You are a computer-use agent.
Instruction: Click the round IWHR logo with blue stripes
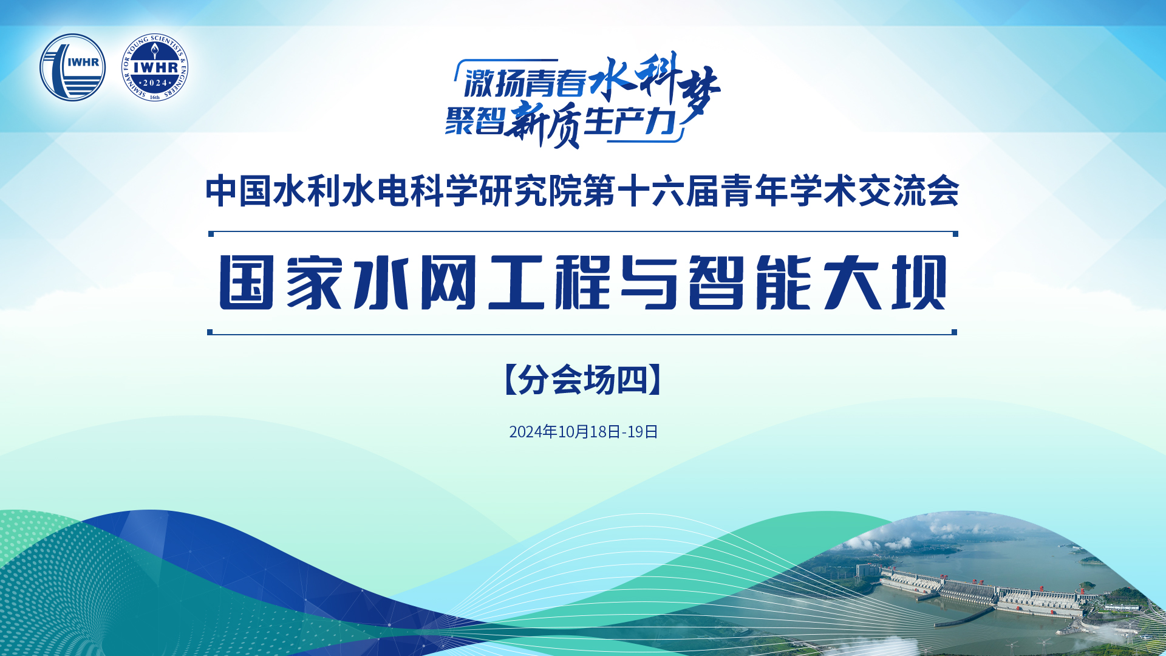point(72,67)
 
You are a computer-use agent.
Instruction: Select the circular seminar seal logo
point(154,67)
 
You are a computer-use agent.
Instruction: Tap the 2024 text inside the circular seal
point(155,83)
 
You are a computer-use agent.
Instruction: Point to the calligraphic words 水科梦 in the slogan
point(655,82)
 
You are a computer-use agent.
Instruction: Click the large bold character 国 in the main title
point(246,282)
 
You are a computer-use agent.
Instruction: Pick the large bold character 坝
point(919,282)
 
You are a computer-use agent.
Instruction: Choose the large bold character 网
point(448,282)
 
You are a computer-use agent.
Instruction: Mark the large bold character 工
point(515,282)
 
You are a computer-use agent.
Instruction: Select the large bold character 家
point(313,282)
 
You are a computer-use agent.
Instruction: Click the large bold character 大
point(852,282)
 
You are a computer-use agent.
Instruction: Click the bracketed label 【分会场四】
point(583,380)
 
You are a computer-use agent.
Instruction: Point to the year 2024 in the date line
point(526,432)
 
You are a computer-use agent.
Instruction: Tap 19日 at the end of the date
point(643,432)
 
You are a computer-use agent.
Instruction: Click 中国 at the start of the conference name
point(238,191)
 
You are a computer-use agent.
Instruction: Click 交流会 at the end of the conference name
point(909,191)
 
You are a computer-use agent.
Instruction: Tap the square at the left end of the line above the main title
point(211,234)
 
